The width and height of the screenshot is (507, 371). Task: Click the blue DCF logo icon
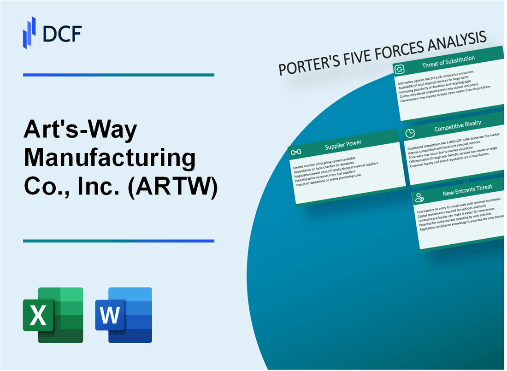(29, 32)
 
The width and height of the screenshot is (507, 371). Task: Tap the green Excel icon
(53, 315)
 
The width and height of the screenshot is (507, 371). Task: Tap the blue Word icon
(124, 315)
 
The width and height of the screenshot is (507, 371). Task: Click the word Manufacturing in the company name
(110, 158)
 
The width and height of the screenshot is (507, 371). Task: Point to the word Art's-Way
(81, 130)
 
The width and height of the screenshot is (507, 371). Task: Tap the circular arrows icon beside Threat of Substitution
(399, 70)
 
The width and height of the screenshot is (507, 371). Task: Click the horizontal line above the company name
(118, 75)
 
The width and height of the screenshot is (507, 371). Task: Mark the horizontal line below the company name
(118, 241)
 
